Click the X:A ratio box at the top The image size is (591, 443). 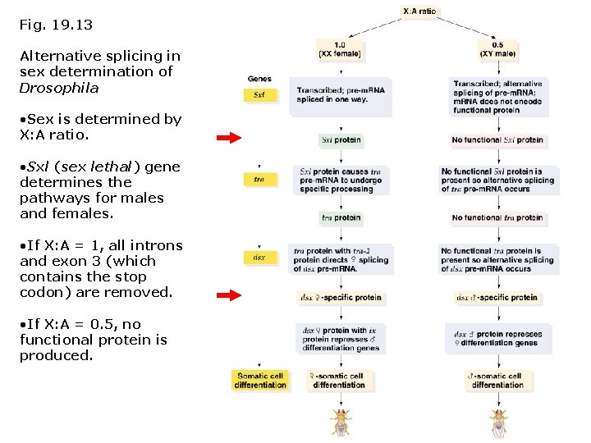click(x=420, y=11)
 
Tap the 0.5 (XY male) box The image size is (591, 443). click(x=497, y=48)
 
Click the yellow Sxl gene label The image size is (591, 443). click(x=259, y=94)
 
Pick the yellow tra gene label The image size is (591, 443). click(x=259, y=179)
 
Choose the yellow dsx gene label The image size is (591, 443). click(x=259, y=258)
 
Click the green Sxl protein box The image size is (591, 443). click(x=341, y=139)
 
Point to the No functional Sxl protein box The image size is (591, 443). click(x=497, y=139)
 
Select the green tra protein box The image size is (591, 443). click(x=341, y=218)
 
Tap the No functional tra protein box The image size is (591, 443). click(x=497, y=218)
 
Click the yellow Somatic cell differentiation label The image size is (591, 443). click(x=259, y=380)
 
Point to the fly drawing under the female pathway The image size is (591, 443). click(x=340, y=421)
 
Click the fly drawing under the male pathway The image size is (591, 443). click(x=497, y=421)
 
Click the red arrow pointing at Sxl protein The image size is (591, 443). click(x=228, y=139)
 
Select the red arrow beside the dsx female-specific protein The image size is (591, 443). click(x=228, y=295)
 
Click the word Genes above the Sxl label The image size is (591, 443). click(x=259, y=79)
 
